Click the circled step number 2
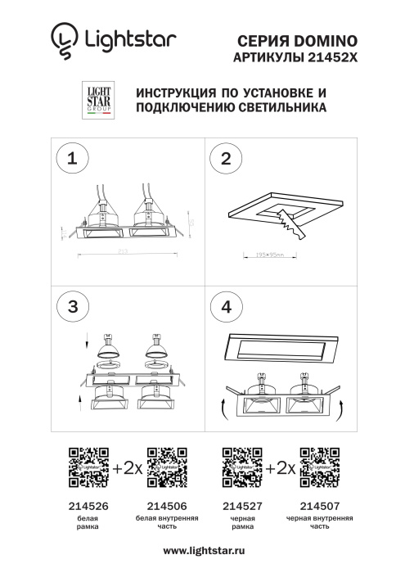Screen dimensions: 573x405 [x=227, y=159]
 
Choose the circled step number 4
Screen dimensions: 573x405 [x=227, y=306]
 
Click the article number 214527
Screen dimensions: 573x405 [x=242, y=507]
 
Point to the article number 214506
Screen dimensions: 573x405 [x=167, y=507]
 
